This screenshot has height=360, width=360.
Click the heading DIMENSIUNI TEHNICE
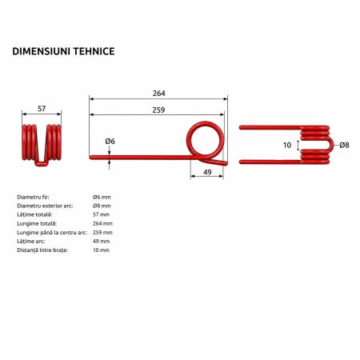[x=63, y=51]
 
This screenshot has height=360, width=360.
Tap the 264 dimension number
[x=159, y=94]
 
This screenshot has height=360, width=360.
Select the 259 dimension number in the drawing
[x=158, y=110]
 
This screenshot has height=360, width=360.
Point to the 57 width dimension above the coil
[x=42, y=109]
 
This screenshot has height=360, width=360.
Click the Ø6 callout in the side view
[x=110, y=141]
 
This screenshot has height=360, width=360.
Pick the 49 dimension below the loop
[x=207, y=172]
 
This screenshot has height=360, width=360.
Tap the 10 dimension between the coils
[x=287, y=146]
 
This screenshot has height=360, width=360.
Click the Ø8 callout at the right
[x=344, y=146]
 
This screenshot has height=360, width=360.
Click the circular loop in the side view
[x=205, y=122]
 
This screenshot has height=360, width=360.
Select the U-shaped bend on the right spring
[x=332, y=146]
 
